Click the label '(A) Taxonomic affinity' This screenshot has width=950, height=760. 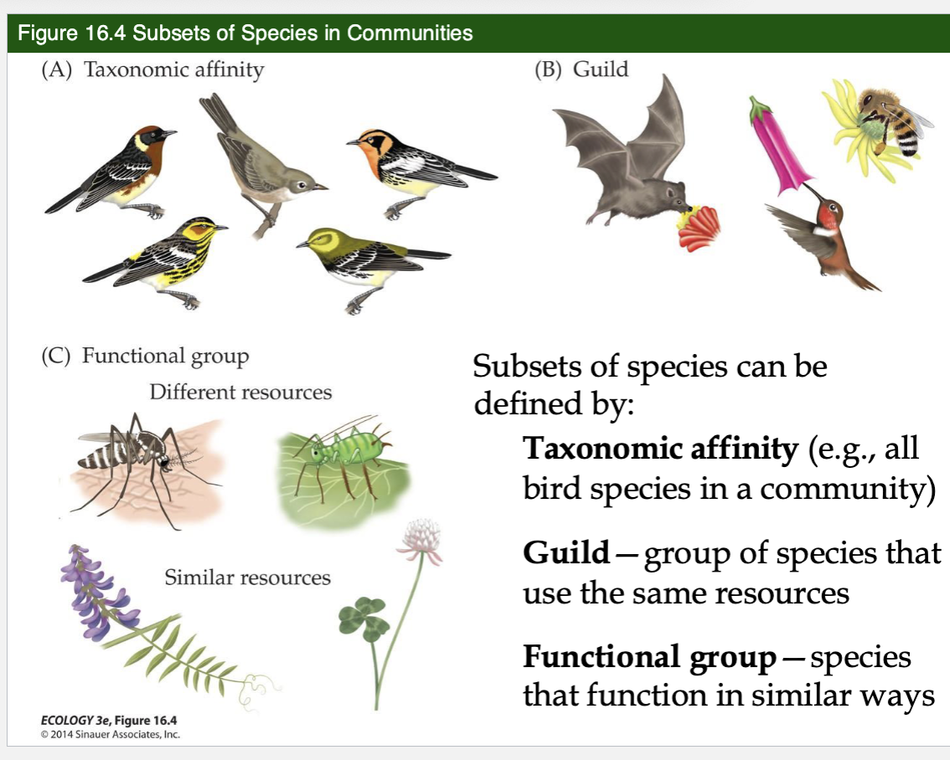tap(152, 69)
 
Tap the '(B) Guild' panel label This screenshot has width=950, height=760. tap(581, 69)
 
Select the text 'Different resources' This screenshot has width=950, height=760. tap(240, 392)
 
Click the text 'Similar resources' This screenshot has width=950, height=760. tap(247, 578)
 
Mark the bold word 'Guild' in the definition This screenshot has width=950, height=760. tap(566, 552)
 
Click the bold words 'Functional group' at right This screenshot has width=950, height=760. tap(649, 658)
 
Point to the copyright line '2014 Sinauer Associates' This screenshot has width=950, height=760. tap(111, 735)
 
